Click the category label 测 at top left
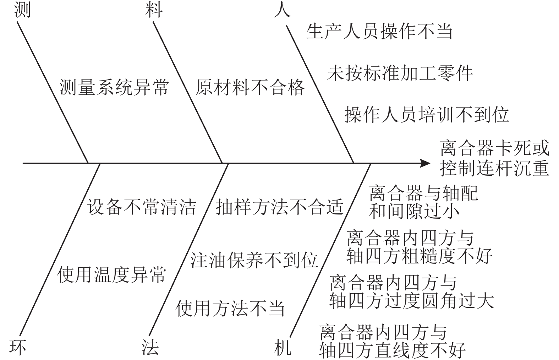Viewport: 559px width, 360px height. coord(22,10)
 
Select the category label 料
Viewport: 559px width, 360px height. coord(154,10)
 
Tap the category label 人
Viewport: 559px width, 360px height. coord(282,10)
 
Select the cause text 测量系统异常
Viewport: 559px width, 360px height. coord(114,87)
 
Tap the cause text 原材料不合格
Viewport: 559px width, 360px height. coord(250,87)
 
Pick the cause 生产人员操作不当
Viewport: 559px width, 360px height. coord(379,31)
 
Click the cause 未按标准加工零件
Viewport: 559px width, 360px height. coord(400,73)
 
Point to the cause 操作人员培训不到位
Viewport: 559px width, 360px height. coord(427,114)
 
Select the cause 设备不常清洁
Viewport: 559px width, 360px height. coord(142,207)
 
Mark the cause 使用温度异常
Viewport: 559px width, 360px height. coord(111,274)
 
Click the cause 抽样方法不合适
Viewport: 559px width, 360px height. coord(280,207)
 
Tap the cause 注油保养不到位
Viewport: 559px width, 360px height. coord(254,260)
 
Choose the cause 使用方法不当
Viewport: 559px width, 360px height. coord(230,308)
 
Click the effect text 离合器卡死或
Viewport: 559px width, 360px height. coord(494,148)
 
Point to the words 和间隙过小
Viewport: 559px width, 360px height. coord(414,211)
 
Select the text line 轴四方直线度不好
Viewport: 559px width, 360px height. coord(392,350)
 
